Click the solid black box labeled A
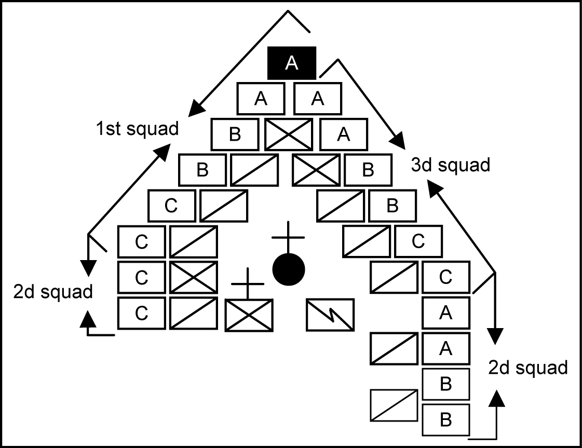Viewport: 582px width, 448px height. pyautogui.click(x=291, y=63)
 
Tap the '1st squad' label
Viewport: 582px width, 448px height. pyautogui.click(x=137, y=128)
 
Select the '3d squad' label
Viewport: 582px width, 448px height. pyautogui.click(x=450, y=165)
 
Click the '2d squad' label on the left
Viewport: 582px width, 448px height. pyautogui.click(x=53, y=292)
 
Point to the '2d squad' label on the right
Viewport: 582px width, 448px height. pyautogui.click(x=527, y=368)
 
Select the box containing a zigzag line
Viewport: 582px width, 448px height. pyautogui.click(x=330, y=315)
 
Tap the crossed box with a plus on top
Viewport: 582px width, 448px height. pyautogui.click(x=248, y=315)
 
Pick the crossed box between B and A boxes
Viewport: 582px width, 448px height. pyautogui.click(x=288, y=134)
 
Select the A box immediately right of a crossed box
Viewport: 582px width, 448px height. pyautogui.click(x=343, y=134)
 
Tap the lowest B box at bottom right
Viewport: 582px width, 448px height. pyautogui.click(x=445, y=420)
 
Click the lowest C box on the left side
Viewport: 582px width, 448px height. pyautogui.click(x=141, y=314)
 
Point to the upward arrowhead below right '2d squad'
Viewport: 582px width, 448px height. pyautogui.click(x=497, y=399)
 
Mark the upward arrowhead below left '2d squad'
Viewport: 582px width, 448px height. pyautogui.click(x=89, y=319)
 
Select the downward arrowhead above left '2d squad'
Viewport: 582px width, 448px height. pyautogui.click(x=89, y=268)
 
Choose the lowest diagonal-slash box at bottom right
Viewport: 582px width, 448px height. pyautogui.click(x=394, y=405)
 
